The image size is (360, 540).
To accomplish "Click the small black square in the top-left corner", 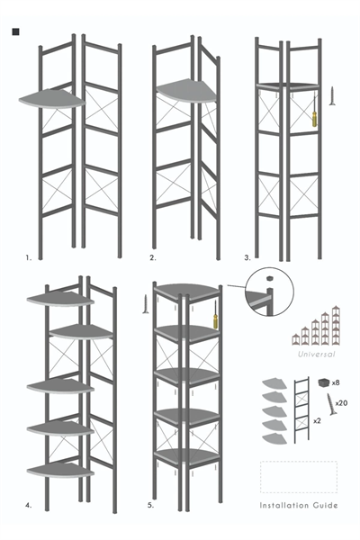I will click(15, 32).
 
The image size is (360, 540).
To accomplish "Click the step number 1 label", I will click(29, 257).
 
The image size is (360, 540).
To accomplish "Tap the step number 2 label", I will click(152, 257).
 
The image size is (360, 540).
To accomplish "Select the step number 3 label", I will click(247, 257).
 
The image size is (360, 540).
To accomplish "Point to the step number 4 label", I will click(29, 508).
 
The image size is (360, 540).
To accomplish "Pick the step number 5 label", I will click(150, 508).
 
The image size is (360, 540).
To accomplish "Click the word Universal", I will click(315, 355).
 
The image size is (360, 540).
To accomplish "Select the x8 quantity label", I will click(335, 382).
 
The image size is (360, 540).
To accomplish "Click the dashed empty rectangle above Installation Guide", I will click(299, 476).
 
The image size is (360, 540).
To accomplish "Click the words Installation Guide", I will click(299, 506).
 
